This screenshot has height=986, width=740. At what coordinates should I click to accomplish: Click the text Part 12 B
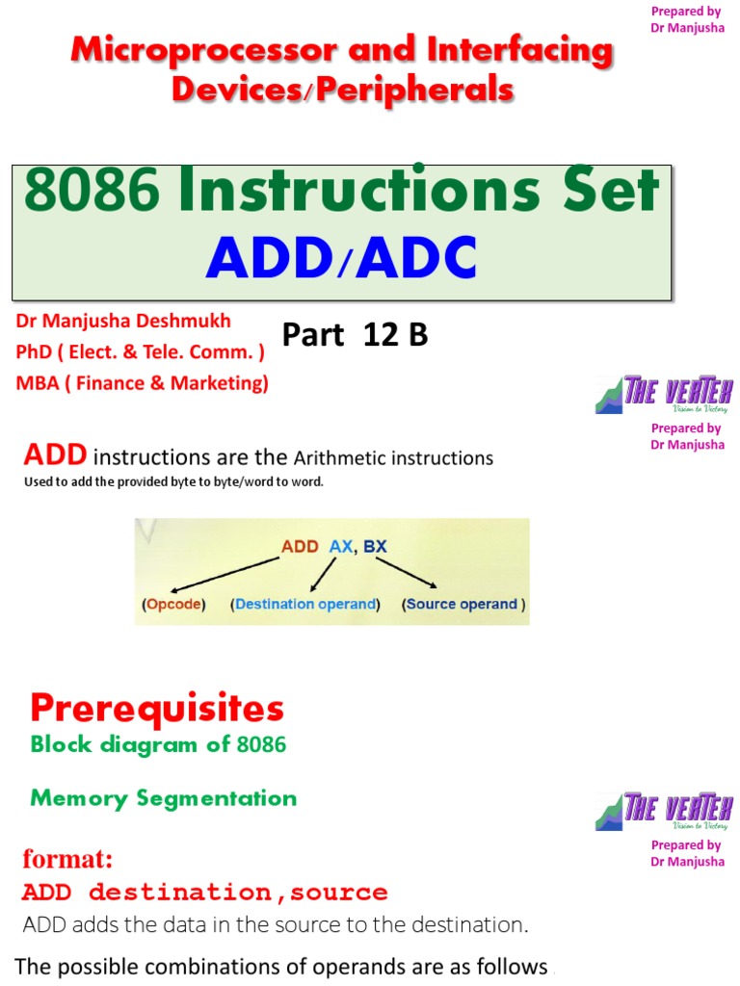point(355,335)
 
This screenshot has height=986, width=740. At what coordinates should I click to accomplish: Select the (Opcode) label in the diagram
point(173,605)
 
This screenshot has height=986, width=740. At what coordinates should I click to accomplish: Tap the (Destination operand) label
point(304,605)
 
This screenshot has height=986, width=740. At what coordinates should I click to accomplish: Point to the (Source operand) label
point(464,605)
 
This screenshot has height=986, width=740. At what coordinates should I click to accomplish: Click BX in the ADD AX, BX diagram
point(375,546)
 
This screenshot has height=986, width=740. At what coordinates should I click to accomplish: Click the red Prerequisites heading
point(157,710)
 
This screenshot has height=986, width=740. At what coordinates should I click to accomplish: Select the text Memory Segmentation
point(164,798)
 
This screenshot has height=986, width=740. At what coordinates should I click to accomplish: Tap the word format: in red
point(67,858)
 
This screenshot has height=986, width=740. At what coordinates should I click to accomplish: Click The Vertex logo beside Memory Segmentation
point(664,811)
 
